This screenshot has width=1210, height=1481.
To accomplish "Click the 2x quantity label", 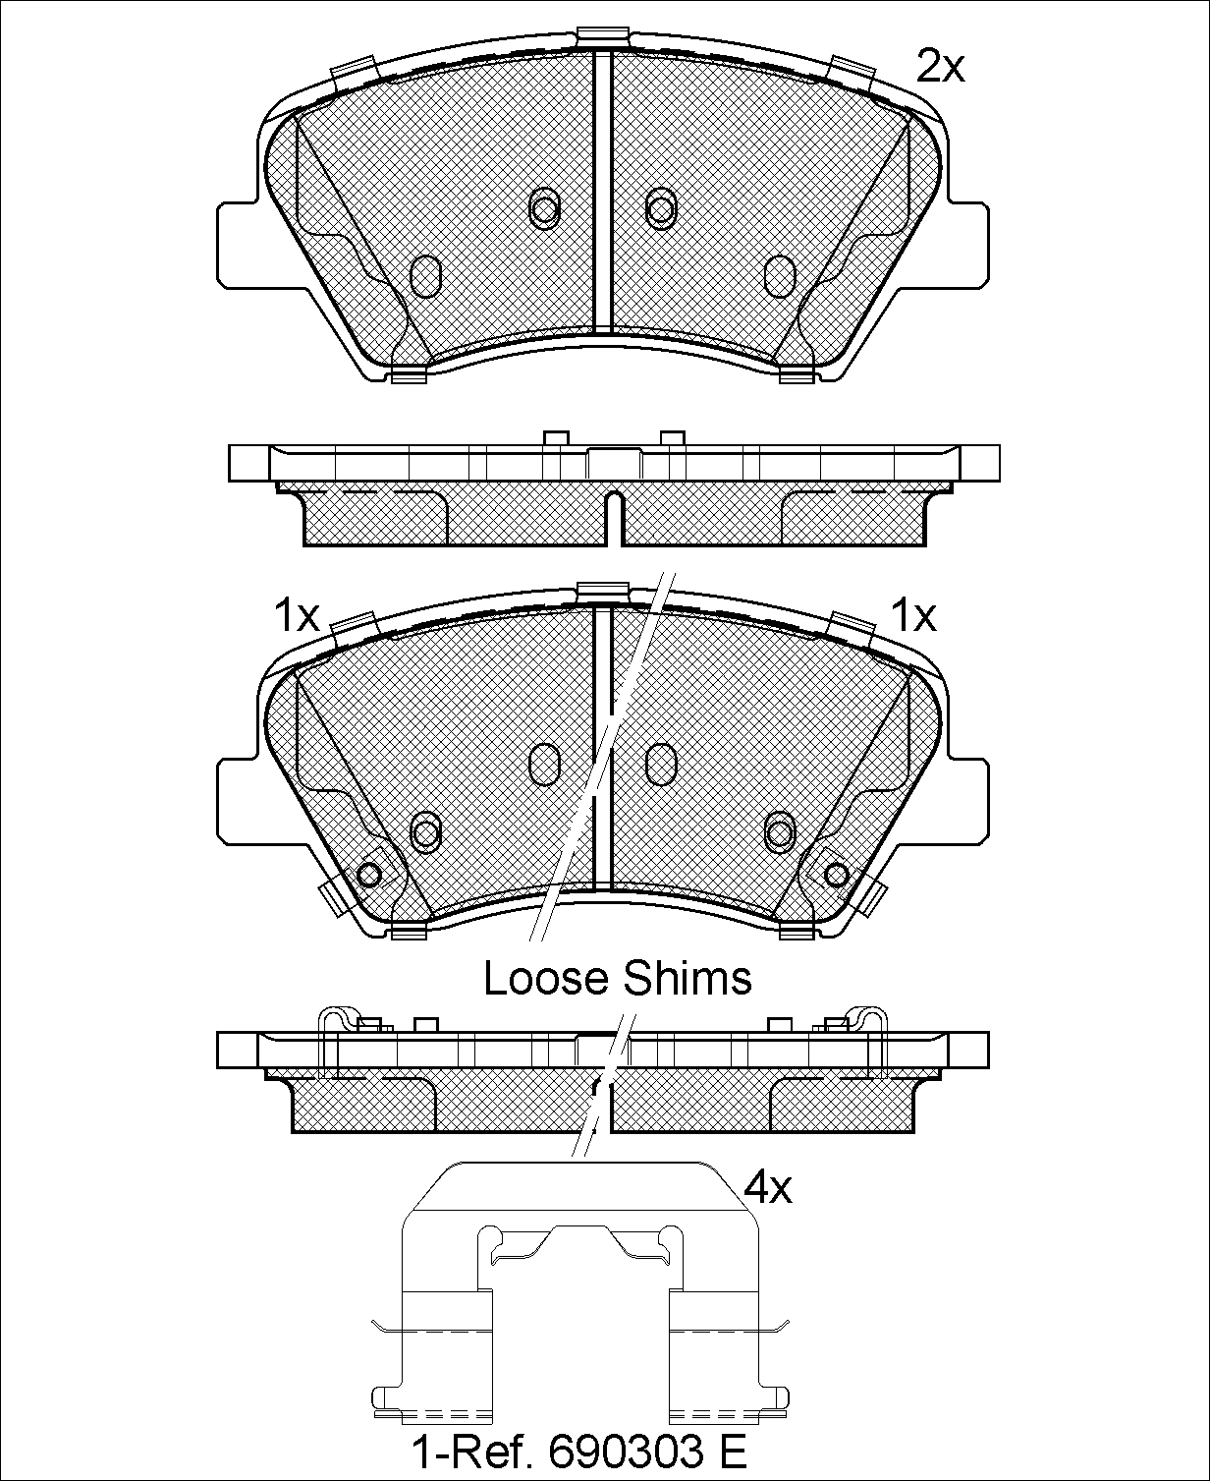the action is [x=941, y=68].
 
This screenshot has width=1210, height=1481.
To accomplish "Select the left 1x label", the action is [x=297, y=616].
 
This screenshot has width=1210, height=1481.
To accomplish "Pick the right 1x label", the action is [x=913, y=616].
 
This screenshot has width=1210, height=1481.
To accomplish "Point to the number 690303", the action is [x=626, y=1448].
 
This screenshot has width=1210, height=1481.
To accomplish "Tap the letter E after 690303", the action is [x=733, y=1448].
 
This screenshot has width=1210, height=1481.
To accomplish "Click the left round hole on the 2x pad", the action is [x=544, y=208].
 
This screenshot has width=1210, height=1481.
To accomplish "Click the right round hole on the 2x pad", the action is [x=660, y=208].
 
